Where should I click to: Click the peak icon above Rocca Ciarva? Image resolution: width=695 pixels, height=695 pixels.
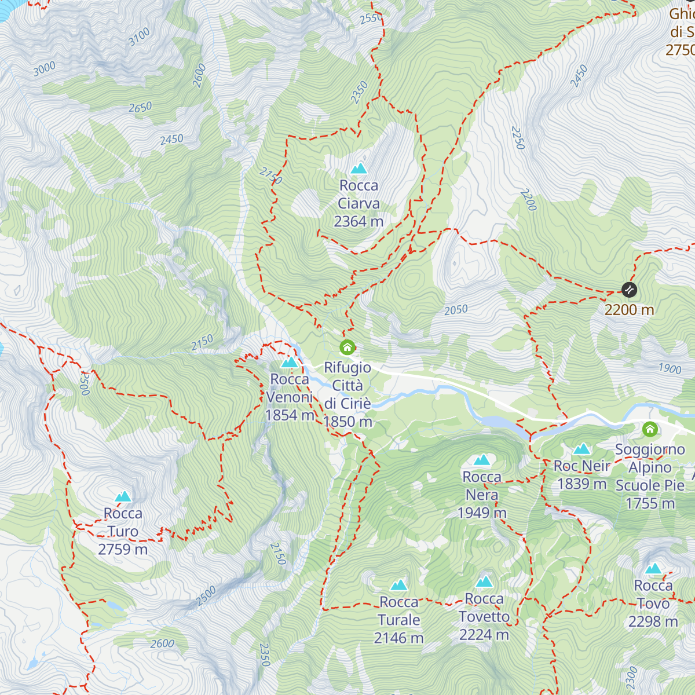pyautogui.click(x=359, y=169)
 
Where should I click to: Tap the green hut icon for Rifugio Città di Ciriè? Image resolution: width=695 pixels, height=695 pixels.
pyautogui.click(x=347, y=348)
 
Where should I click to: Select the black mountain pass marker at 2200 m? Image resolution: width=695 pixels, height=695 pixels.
pyautogui.click(x=629, y=290)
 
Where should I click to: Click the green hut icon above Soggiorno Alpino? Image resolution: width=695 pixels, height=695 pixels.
pyautogui.click(x=650, y=429)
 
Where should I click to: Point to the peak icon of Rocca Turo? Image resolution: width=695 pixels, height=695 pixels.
pyautogui.click(x=123, y=496)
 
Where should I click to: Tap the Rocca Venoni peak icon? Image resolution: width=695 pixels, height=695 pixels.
pyautogui.click(x=289, y=363)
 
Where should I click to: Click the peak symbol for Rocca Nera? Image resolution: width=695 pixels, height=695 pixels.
pyautogui.click(x=482, y=460)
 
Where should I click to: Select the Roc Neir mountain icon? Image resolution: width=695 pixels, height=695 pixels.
pyautogui.click(x=581, y=449)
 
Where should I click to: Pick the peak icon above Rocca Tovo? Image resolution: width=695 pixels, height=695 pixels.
pyautogui.click(x=653, y=569)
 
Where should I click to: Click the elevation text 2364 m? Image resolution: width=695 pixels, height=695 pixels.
pyautogui.click(x=359, y=221)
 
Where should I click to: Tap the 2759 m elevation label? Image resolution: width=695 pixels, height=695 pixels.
pyautogui.click(x=123, y=549)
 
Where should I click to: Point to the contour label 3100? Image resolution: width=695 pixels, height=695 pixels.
pyautogui.click(x=139, y=37)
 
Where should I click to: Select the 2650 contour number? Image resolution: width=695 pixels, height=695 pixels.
pyautogui.click(x=140, y=108)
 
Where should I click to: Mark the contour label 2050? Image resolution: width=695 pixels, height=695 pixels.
pyautogui.click(x=456, y=310)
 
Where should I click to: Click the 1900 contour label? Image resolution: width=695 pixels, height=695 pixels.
pyautogui.click(x=670, y=368)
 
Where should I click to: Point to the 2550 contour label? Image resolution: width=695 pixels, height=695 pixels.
pyautogui.click(x=371, y=19)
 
